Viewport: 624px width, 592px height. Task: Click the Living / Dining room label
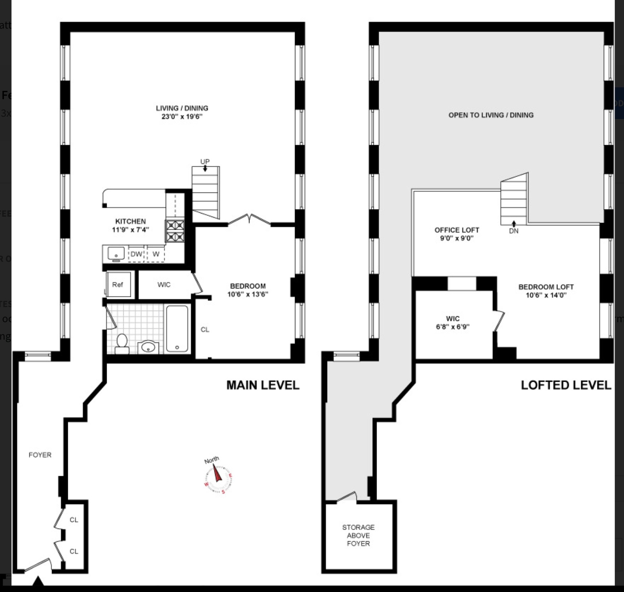182,112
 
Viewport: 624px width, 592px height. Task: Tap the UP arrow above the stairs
205,167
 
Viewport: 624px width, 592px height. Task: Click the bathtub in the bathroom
177,329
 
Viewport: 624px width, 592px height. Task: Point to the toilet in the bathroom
122,344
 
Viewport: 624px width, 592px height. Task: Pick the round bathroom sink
148,347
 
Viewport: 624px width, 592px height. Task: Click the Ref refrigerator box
118,284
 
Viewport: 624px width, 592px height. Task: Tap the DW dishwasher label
136,254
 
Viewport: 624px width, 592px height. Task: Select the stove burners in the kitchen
175,231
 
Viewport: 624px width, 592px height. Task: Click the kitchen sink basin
115,253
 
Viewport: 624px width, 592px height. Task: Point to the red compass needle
217,473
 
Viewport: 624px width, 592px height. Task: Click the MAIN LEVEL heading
262,385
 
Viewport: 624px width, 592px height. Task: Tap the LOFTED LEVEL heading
566,385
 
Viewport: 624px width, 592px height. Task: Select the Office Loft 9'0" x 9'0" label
457,234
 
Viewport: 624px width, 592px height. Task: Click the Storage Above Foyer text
358,535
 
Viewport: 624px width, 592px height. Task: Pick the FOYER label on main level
40,455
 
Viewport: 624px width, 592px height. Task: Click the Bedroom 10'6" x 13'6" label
248,290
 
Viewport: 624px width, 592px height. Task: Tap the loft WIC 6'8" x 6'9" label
453,323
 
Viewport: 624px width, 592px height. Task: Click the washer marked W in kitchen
156,254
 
